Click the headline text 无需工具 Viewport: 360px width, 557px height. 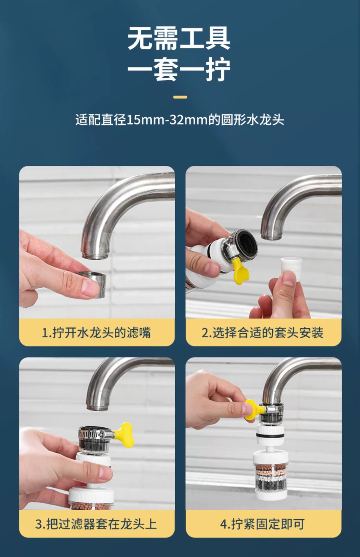(x=179, y=38)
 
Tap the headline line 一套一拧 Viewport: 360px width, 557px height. (x=179, y=70)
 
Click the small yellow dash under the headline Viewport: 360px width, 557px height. (x=180, y=97)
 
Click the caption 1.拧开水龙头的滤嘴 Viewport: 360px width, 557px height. (x=96, y=332)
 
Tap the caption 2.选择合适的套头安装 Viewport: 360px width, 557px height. (x=263, y=332)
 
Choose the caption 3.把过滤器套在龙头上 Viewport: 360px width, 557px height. (x=96, y=524)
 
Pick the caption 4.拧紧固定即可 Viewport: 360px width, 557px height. (x=262, y=524)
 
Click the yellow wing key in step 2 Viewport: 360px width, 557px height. (x=240, y=272)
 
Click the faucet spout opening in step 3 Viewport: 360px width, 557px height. (x=98, y=407)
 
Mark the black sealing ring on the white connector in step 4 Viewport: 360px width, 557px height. (x=270, y=436)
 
